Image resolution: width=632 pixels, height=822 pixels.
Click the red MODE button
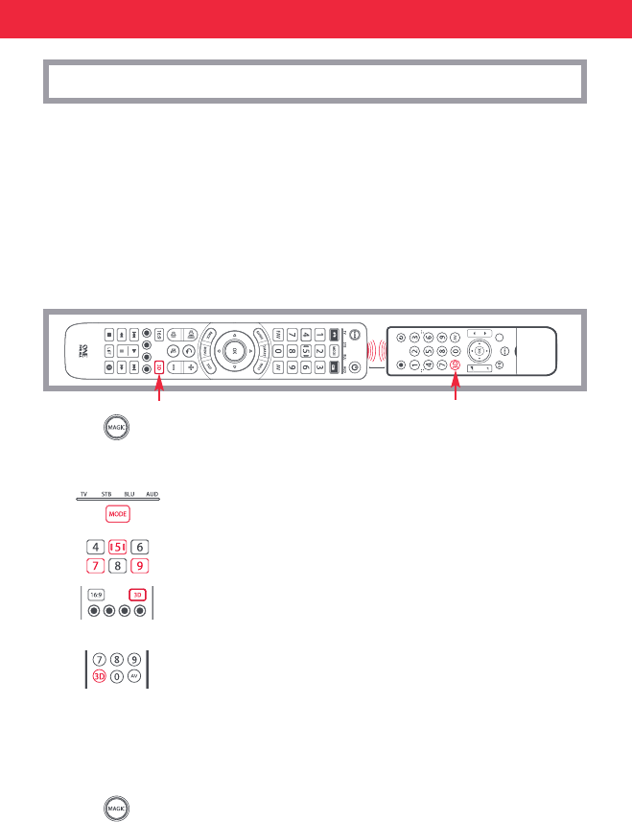[x=119, y=514]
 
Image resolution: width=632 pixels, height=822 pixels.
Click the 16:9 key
[x=96, y=595]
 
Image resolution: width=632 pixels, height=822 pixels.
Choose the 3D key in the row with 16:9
[x=140, y=595]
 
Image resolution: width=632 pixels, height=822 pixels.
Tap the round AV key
[x=135, y=677]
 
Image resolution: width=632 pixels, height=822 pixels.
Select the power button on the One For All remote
[x=355, y=336]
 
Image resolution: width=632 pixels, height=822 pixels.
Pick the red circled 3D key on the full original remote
[x=455, y=365]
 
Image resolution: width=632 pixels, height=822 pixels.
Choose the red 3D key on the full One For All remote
[x=159, y=367]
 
